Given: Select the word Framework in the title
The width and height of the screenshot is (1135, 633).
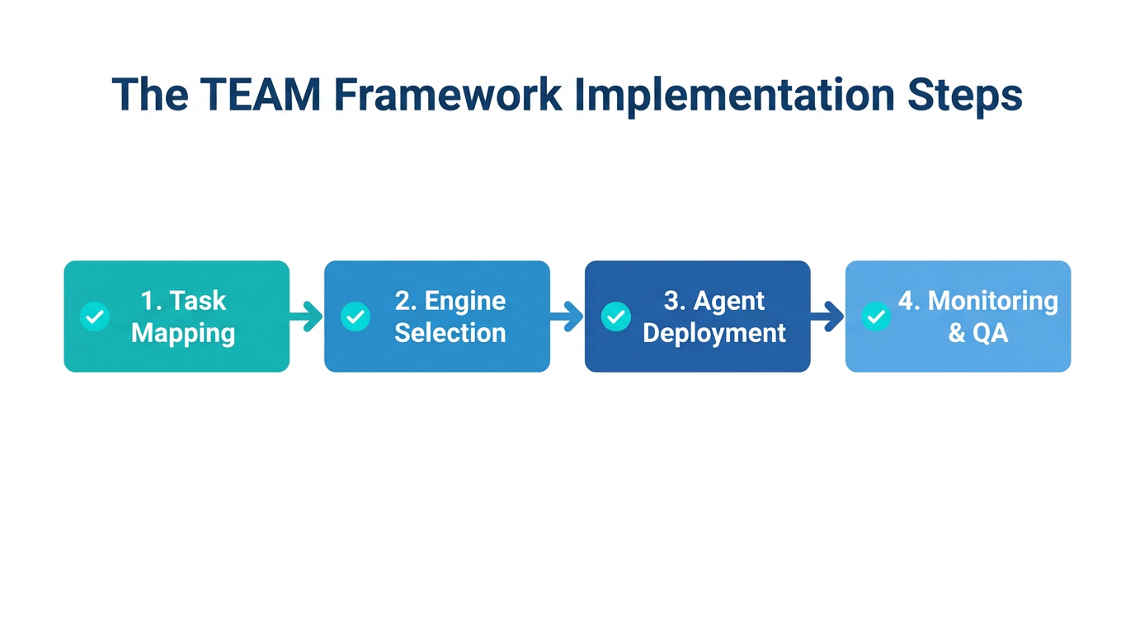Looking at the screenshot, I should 449,95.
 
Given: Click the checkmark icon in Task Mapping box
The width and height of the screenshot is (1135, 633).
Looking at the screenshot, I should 95,316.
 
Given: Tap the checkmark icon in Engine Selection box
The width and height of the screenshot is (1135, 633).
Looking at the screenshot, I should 356,316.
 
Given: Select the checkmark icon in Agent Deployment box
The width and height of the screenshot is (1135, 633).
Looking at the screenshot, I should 616,316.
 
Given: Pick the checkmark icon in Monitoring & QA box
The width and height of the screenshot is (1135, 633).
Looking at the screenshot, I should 876,316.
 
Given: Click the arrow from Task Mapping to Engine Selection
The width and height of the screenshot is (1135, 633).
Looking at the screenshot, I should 307,316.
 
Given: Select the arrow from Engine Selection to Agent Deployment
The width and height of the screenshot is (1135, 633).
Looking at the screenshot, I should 567,316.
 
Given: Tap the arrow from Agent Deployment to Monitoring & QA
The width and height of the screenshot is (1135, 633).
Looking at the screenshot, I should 827,316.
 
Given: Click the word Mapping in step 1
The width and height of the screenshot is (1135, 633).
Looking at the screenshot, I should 183,334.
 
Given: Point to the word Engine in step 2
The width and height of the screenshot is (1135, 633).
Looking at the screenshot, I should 466,301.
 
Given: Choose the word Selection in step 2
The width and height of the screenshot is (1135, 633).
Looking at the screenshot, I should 450,333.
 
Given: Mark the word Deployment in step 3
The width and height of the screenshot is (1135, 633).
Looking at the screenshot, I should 714,333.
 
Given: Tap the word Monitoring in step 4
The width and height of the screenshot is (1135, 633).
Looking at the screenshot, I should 992,301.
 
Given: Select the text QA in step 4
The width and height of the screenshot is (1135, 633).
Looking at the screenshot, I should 990,333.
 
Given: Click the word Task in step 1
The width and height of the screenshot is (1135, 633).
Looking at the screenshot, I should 199,301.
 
